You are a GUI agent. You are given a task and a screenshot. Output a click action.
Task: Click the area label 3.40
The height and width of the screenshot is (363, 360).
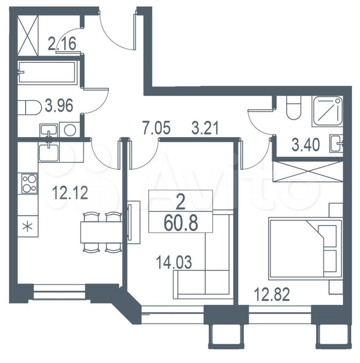coord(306,145)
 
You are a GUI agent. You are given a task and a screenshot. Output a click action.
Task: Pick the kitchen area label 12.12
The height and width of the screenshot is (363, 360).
coord(70,193)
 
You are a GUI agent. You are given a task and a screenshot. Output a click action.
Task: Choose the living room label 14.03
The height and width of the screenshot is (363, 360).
coord(174,262)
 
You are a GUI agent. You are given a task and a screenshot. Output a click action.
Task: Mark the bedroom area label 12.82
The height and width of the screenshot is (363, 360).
coord(272,295)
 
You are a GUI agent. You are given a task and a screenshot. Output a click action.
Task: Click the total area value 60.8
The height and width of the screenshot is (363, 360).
coord(181,223)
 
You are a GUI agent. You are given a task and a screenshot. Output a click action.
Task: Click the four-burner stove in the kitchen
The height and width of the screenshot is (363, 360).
coord(29,183)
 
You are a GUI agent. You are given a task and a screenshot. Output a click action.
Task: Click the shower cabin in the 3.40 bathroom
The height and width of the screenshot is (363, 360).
coord(327,111)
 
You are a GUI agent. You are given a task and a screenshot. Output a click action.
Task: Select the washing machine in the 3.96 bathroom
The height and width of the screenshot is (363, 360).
coord(70,130)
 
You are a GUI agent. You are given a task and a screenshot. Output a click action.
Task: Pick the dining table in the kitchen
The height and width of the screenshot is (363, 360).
coord(101,232)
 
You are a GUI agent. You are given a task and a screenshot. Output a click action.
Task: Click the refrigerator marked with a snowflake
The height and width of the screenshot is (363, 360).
coord(28,226)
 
